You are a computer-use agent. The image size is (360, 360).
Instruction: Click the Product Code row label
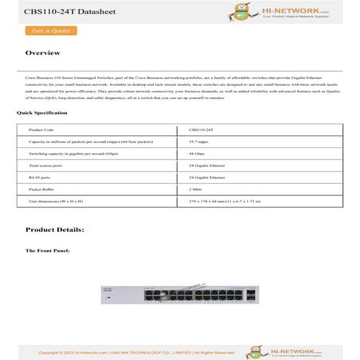tap(41, 128)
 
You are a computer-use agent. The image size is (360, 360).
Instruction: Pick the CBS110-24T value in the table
tap(201, 128)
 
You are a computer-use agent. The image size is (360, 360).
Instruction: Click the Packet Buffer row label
tap(42, 190)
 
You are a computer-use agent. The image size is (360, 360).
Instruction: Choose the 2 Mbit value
tap(196, 190)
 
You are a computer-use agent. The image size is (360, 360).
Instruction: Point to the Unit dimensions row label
tap(56, 203)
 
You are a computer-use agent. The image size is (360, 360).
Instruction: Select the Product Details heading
tap(54, 230)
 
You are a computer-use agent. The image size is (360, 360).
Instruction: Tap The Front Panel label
tap(48, 251)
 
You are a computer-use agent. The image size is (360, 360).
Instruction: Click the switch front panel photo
tap(179, 295)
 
